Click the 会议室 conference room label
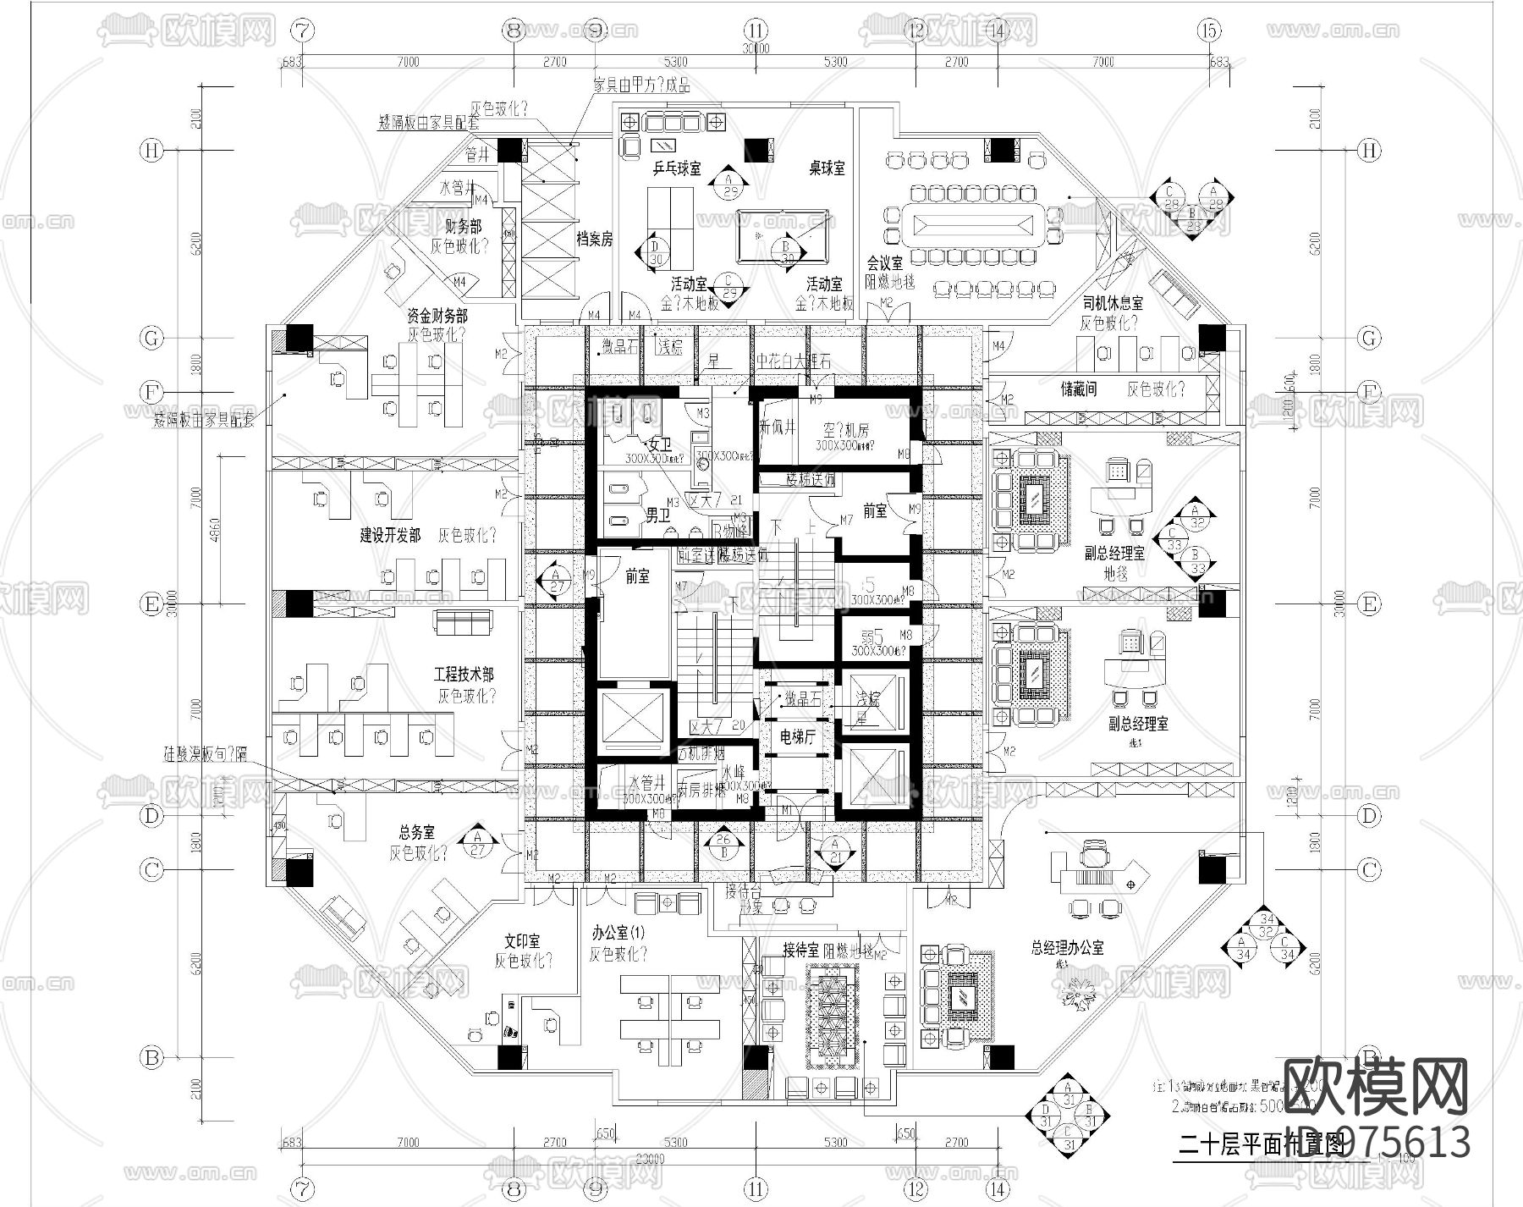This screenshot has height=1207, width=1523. point(883,263)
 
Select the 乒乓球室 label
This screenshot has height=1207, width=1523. point(677,168)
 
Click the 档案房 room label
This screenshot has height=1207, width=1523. point(595,240)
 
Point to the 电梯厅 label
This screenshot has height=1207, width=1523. point(797,737)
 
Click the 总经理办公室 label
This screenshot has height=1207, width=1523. point(1067,948)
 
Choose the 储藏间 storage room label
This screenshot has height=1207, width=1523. point(1079,389)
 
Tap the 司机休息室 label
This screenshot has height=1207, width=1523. point(1113,302)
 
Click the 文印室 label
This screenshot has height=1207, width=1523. point(522,941)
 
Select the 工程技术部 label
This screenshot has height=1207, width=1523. point(464,675)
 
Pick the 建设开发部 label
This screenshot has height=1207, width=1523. point(390,536)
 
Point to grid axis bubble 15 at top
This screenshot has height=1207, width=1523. point(1210,30)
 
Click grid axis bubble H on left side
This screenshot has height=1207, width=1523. point(151,151)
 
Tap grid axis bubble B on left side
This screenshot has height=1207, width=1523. point(151,1057)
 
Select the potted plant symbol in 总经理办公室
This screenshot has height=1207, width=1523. point(1078,990)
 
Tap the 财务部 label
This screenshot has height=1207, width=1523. point(463,227)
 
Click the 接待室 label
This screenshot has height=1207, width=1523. point(800,950)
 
